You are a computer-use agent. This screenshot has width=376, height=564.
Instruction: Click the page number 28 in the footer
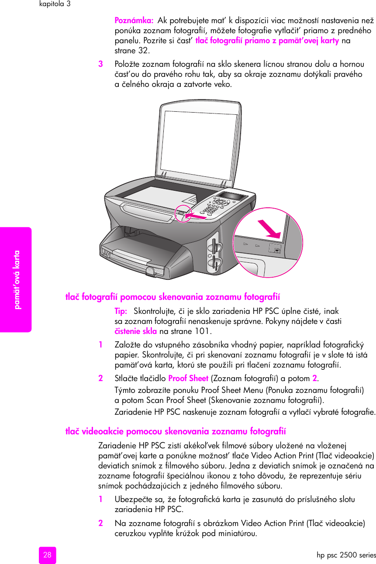[x=47, y=555]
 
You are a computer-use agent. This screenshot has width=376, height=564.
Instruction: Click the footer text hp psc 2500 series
[x=346, y=555]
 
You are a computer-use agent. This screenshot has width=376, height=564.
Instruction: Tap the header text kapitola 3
[x=55, y=4]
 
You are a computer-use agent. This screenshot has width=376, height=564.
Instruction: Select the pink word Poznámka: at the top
[x=134, y=21]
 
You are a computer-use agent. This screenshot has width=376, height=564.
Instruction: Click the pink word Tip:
[x=121, y=311]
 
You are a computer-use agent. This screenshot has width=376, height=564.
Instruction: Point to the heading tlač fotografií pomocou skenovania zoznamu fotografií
[x=172, y=297]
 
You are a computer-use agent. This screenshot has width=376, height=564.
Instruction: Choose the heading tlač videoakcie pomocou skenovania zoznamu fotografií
[x=176, y=432]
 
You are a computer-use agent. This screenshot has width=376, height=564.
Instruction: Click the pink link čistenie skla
[x=135, y=331]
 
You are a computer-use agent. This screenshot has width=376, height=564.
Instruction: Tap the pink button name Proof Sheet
[x=188, y=378]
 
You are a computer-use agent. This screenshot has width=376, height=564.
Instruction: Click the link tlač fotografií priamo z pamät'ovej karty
[x=267, y=41]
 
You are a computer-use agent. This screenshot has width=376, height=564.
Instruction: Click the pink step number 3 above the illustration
[x=100, y=64]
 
